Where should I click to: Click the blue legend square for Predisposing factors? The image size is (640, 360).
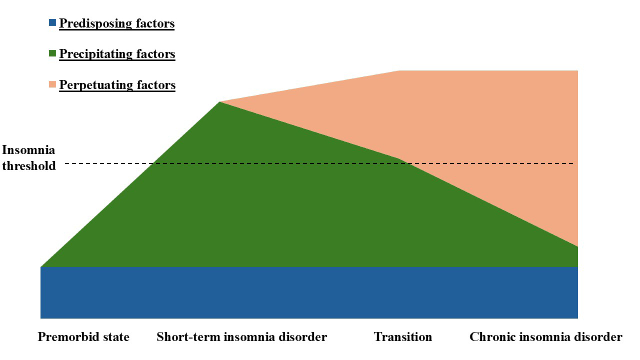52,23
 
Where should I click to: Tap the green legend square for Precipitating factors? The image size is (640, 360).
52,53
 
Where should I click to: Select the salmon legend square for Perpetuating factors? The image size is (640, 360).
52,84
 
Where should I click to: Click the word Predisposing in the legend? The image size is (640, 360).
96,23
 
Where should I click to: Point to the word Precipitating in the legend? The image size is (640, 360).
96,54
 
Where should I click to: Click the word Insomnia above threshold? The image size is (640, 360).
28,150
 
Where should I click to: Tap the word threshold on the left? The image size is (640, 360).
29,166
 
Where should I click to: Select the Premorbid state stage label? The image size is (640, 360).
83,337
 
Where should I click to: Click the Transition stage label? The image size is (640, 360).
403,337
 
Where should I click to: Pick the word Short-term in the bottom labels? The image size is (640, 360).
188,337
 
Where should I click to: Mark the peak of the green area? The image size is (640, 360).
219,102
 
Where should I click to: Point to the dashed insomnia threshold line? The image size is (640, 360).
319,163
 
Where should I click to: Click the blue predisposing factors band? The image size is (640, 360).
309,292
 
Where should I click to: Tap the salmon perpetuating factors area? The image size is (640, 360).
486,129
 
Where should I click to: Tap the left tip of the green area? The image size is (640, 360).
41,267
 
